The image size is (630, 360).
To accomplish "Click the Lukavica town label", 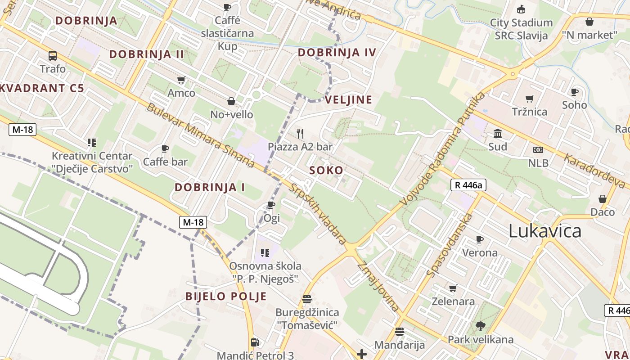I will click(x=544, y=231).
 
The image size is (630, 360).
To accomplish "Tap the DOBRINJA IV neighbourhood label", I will click(x=337, y=53).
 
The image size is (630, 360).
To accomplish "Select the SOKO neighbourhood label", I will click(x=326, y=171).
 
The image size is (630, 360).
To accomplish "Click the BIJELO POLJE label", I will click(x=226, y=297).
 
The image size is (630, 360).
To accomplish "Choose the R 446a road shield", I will click(x=468, y=184).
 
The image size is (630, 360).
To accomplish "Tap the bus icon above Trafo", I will click(x=53, y=56).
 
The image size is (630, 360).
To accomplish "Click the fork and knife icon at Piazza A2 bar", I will click(x=300, y=134).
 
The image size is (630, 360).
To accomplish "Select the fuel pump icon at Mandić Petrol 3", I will click(x=255, y=342).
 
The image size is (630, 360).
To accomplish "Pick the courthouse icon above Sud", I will click(x=498, y=134).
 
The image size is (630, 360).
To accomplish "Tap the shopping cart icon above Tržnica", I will click(x=530, y=99).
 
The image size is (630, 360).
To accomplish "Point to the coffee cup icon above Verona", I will click(x=480, y=239).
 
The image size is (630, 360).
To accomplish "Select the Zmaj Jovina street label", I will click(x=378, y=287).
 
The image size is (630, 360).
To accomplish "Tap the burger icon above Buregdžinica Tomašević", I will click(x=307, y=299).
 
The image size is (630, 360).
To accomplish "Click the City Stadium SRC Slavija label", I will click(x=521, y=29).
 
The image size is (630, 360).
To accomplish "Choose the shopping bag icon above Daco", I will click(x=603, y=199).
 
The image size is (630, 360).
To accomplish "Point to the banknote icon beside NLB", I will click(x=538, y=150).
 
